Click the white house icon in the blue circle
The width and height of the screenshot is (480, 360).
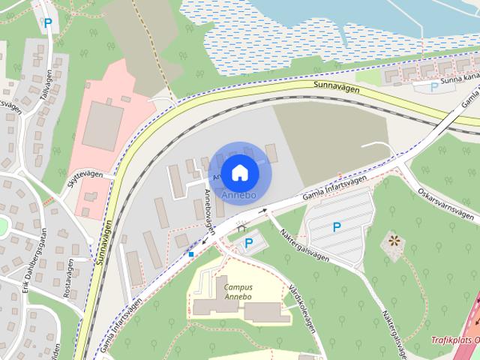(238, 172)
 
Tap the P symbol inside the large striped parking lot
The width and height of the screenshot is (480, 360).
(336, 226)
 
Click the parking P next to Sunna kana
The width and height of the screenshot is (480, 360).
(433, 87)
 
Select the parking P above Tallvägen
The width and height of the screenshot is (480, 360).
(48, 23)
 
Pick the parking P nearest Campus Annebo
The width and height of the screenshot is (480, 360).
(249, 243)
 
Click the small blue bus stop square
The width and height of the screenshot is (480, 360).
(192, 254)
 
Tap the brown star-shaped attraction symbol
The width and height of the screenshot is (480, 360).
(392, 241)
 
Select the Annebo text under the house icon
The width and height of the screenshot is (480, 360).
(238, 195)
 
